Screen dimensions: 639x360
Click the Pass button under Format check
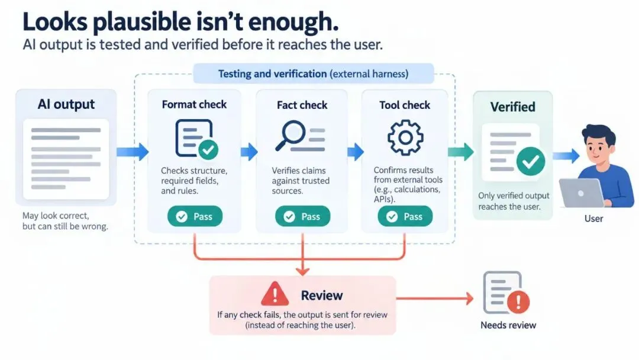coord(195,216)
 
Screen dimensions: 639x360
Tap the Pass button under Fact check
coord(302,216)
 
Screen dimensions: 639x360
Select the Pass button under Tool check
coord(405,216)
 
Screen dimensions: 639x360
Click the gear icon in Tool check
coord(405,137)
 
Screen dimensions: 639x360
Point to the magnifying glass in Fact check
coord(290,136)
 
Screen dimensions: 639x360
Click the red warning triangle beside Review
coord(275,294)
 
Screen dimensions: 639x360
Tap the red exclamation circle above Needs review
coord(518,302)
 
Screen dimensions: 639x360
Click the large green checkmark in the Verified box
coord(531,162)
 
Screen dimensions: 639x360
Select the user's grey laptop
coord(582,193)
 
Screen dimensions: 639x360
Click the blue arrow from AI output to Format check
coord(133,152)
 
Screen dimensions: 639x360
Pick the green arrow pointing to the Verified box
coord(460,152)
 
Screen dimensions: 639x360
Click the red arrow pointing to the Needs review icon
coord(434,298)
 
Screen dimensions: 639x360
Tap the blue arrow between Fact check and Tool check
coord(356,152)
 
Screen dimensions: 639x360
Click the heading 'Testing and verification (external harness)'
coord(313,74)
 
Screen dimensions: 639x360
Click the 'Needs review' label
coord(508,325)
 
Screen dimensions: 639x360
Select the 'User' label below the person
coord(593,218)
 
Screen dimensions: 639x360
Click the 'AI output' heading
coord(66,104)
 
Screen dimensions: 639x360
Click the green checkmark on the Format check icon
coord(208,150)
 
